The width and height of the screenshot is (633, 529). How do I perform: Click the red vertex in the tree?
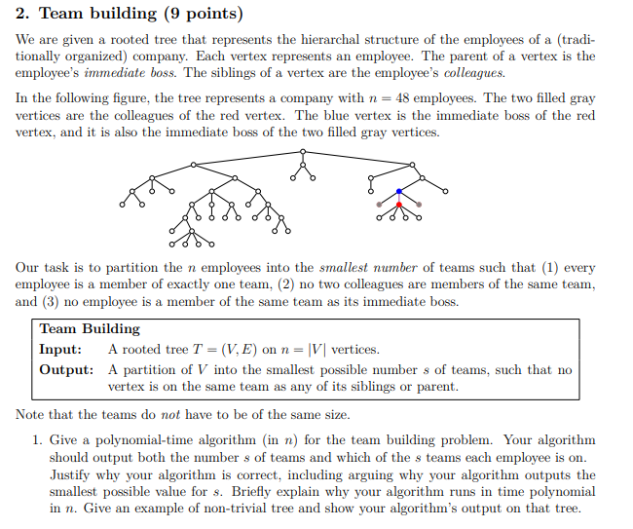click(398, 205)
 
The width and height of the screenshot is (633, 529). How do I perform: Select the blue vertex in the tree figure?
click(398, 191)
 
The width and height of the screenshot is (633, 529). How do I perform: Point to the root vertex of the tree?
click(305, 151)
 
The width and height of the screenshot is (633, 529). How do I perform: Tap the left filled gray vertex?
click(379, 205)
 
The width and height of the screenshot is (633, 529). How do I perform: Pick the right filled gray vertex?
click(419, 205)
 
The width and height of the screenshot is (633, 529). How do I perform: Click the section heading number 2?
click(21, 14)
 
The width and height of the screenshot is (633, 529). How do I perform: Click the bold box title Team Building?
click(90, 329)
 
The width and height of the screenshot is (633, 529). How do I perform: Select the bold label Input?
click(60, 350)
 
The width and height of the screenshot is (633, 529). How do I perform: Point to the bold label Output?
click(66, 370)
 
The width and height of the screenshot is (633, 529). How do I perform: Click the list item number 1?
click(36, 440)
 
